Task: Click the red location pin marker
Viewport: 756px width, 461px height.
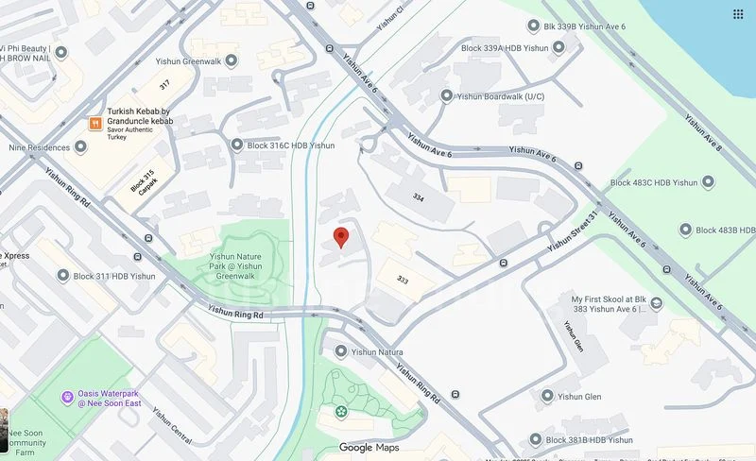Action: coord(342,237)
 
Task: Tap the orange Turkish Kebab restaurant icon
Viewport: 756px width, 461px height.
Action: coord(94,123)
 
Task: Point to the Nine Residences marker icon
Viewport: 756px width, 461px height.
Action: coord(80,147)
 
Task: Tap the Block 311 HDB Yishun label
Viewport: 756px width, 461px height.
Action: coord(114,276)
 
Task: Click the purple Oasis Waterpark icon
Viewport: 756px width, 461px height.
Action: coord(67,396)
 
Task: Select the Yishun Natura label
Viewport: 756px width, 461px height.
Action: coord(377,351)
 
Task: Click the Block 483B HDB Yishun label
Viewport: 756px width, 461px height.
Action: coord(720,230)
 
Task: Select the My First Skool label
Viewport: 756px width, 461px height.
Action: coord(610,305)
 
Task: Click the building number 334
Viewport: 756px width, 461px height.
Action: coord(418,196)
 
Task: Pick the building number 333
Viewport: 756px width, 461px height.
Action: coord(403,280)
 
